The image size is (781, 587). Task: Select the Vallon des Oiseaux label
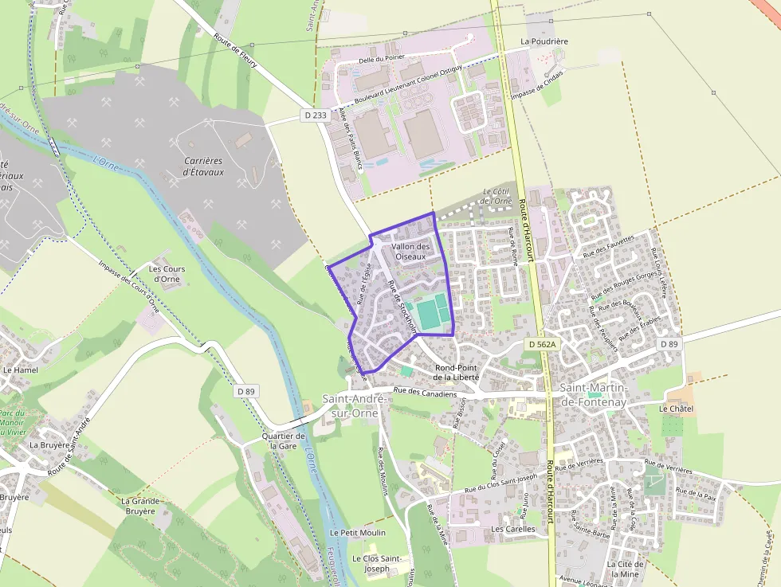410,252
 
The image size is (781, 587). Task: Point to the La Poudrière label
544,41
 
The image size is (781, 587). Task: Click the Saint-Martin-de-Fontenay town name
594,395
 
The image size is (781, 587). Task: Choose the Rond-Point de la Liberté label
457,372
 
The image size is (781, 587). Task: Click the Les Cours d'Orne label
167,274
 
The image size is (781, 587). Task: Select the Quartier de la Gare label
284,441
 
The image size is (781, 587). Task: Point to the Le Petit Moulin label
357,532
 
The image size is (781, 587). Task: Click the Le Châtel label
676,409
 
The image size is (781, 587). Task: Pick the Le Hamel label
20,370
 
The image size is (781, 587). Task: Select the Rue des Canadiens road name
425,392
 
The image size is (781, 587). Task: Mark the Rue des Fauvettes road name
609,246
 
